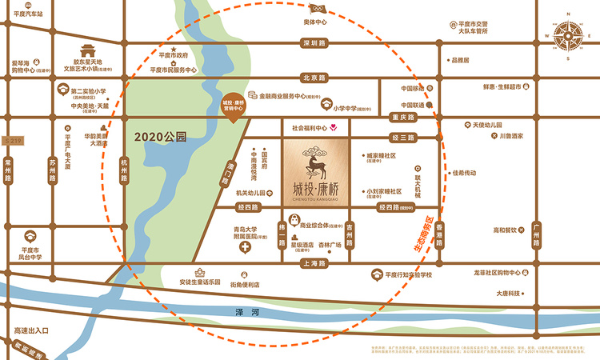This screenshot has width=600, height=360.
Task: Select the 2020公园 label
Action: (161, 137)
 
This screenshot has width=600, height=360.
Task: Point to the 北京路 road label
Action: (314, 78)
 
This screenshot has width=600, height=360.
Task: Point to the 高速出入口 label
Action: (31, 330)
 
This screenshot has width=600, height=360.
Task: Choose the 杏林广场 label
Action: (330, 246)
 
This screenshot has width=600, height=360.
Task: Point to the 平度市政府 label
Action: (173, 56)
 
